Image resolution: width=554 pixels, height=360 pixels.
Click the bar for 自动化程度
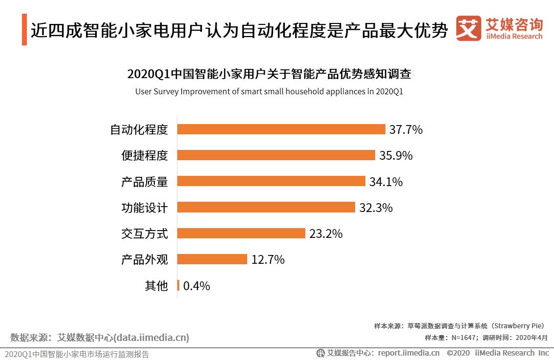click(x=281, y=129)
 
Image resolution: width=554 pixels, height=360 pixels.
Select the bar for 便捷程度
click(x=276, y=155)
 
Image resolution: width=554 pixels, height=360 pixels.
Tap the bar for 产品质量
click(x=271, y=181)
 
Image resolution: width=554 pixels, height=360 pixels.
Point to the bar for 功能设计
click(x=266, y=207)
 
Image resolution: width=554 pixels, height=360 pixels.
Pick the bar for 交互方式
click(x=241, y=233)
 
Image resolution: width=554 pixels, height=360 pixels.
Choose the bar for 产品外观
click(x=212, y=259)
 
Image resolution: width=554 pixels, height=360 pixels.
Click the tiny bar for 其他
click(x=178, y=285)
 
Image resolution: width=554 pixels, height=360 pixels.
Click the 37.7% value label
click(x=405, y=129)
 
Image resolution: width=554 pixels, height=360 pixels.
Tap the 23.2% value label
click(x=326, y=233)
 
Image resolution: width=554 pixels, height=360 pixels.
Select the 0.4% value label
click(x=196, y=286)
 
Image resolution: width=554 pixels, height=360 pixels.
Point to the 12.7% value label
click(x=268, y=259)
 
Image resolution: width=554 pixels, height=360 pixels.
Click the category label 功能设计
click(x=144, y=208)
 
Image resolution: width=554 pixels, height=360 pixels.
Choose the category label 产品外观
click(x=144, y=259)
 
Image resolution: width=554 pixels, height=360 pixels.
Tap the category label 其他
click(x=156, y=286)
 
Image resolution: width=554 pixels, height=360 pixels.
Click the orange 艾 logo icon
click(x=469, y=29)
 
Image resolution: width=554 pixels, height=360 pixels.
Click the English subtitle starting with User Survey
click(x=269, y=91)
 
